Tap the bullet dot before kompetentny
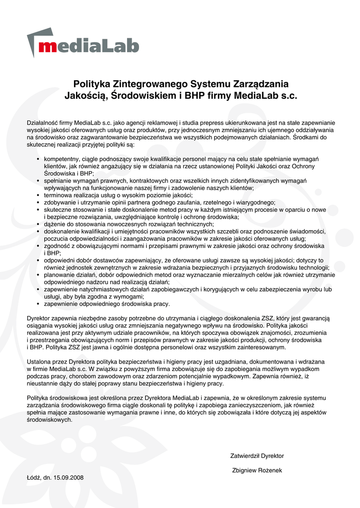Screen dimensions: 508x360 pos(39,159)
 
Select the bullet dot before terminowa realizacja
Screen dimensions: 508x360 pos(39,195)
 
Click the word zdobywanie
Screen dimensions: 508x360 pos(60,202)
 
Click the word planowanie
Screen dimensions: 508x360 pos(59,275)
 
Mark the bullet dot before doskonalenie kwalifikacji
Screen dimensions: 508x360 pos(39,232)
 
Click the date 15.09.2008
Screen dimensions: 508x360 pos(68,478)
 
